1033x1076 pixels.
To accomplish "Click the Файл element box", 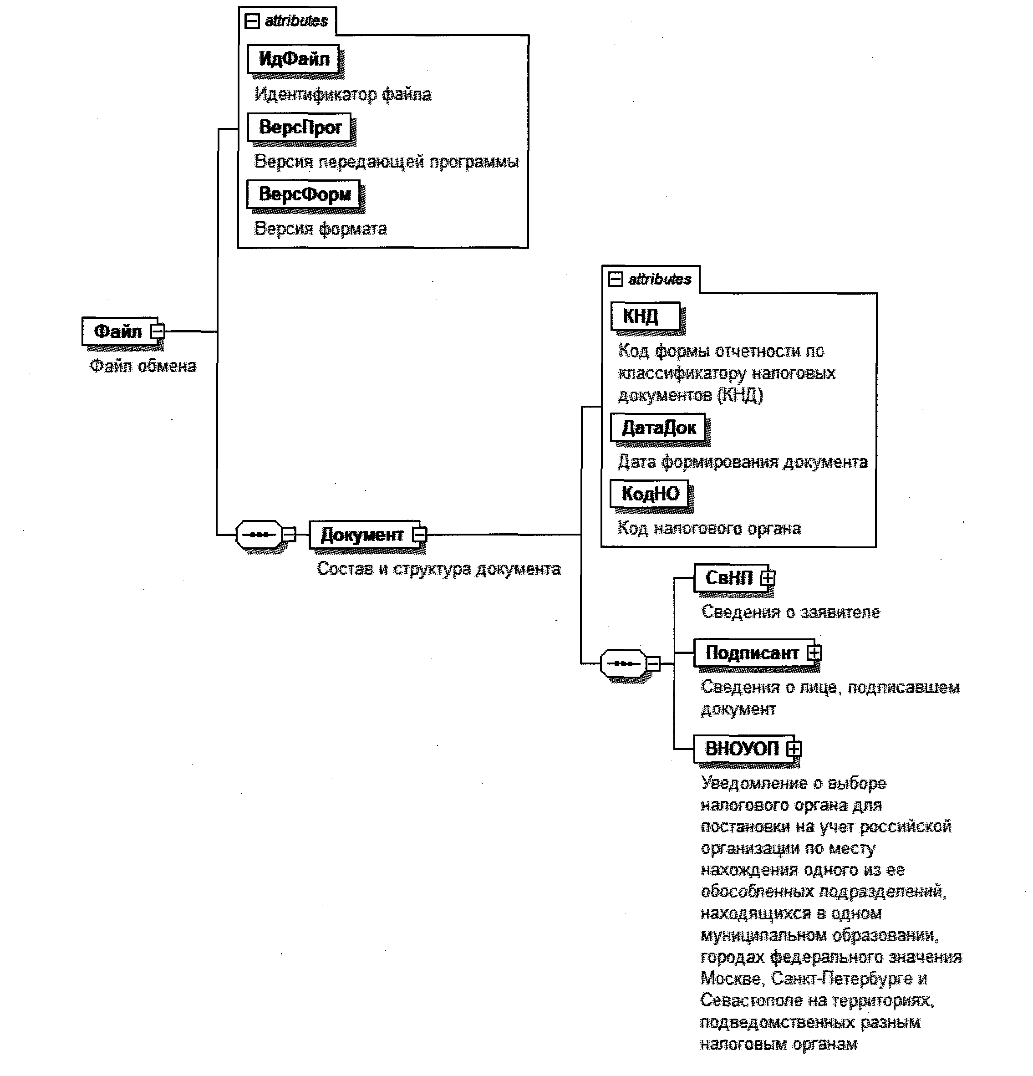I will [118, 331].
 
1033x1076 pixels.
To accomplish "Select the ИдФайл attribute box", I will [294, 59].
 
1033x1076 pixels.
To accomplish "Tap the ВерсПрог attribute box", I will [300, 127].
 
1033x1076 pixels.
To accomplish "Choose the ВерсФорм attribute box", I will [304, 194].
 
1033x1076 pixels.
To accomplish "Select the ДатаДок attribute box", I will [658, 428].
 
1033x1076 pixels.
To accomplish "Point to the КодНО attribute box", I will [650, 494].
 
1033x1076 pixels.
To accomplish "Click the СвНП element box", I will [728, 577].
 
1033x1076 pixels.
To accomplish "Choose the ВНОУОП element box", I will [742, 749].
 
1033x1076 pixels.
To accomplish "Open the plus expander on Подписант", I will [814, 653].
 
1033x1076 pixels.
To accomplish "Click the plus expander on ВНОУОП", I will [794, 749].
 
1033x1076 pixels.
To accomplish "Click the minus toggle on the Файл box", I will [158, 331].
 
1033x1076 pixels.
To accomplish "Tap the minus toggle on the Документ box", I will [420, 534].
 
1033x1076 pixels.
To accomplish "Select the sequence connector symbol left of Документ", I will [259, 534].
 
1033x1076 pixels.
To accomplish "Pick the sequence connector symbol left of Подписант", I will [624, 664].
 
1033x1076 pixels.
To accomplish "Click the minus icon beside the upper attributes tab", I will [252, 21].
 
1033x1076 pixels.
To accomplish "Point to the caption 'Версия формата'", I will [321, 229].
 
